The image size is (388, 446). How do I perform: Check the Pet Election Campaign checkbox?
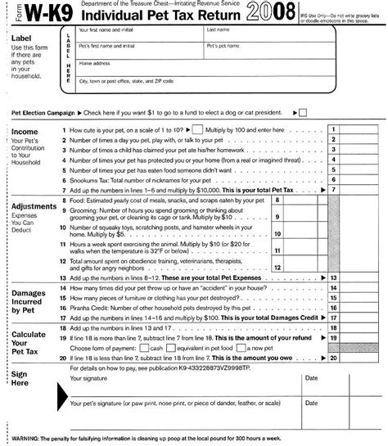302,111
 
